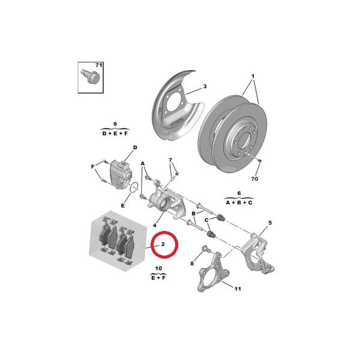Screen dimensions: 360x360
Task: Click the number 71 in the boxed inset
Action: (x=99, y=65)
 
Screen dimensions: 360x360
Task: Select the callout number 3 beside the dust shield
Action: (x=205, y=86)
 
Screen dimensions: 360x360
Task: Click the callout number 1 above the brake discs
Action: (x=253, y=76)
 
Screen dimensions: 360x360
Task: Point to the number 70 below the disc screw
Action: (x=254, y=179)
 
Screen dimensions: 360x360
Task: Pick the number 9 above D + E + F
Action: (x=115, y=124)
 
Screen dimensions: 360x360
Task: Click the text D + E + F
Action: (x=115, y=133)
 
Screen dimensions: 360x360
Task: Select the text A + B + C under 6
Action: (x=239, y=203)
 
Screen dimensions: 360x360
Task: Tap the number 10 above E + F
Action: (x=158, y=268)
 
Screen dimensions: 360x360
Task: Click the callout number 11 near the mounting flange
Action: (x=238, y=289)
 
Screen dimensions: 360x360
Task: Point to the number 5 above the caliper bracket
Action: (x=270, y=223)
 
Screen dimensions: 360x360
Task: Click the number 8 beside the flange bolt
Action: (x=192, y=263)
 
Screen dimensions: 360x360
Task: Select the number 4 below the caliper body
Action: (x=155, y=225)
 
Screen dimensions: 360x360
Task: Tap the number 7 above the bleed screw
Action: (x=170, y=160)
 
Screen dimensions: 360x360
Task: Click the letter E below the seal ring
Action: (x=123, y=205)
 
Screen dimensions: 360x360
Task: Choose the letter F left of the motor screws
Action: (x=93, y=167)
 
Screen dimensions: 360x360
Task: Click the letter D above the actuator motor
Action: (x=135, y=148)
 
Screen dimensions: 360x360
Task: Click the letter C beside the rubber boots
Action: (x=206, y=220)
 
